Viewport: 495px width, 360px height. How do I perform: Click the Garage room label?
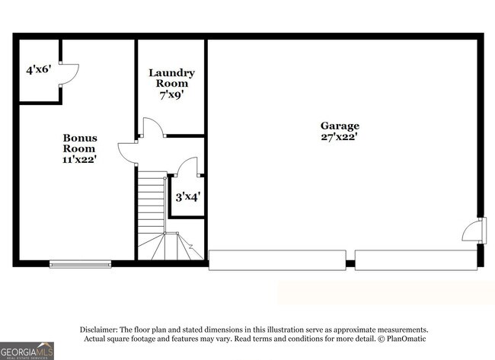(x=340, y=126)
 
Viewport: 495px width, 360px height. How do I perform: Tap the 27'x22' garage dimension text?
(x=340, y=137)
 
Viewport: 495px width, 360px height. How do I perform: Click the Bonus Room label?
(x=79, y=143)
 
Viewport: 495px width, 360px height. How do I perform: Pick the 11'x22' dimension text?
(x=79, y=160)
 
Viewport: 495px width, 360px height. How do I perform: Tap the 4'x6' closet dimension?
(x=37, y=69)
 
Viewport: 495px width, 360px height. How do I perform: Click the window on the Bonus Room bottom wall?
(x=80, y=264)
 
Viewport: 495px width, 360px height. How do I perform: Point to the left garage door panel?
(x=276, y=260)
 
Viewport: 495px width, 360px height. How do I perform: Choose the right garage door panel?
(x=415, y=260)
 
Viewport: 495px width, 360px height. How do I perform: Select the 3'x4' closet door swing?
(x=187, y=166)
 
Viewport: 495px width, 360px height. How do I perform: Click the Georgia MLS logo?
(x=27, y=350)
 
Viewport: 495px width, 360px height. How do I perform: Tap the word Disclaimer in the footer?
(x=101, y=329)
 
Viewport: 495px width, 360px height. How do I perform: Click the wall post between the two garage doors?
(x=350, y=264)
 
